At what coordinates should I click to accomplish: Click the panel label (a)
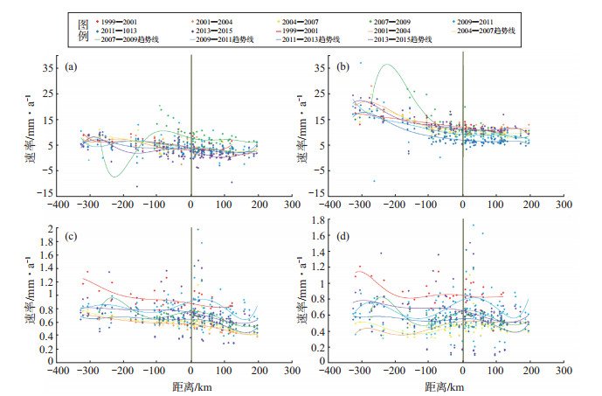(x=75, y=66)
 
